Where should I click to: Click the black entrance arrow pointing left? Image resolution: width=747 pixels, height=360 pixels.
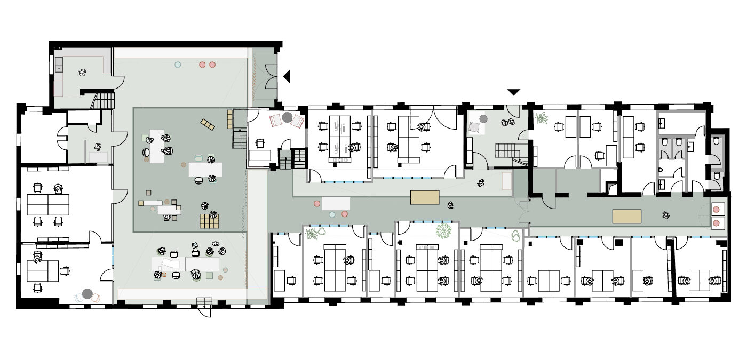click(x=287, y=76)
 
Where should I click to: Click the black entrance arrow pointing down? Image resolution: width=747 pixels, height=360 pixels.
click(x=513, y=92)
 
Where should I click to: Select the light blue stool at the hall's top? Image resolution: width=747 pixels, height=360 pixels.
click(x=178, y=65)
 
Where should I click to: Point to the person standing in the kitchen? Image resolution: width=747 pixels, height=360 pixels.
click(x=83, y=72)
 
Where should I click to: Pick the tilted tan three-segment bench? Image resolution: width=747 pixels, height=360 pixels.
click(x=208, y=125)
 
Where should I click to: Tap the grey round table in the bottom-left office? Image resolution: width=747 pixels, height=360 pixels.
click(x=88, y=293)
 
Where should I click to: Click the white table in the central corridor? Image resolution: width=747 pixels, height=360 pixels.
click(x=336, y=203)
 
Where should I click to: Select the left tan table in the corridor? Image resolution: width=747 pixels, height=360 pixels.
click(x=425, y=197)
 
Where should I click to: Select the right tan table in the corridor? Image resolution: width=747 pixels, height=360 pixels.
click(x=626, y=216)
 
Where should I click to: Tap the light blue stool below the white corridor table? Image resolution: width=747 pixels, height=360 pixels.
click(x=332, y=214)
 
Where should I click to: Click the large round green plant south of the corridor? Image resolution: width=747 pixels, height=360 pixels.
click(x=443, y=230)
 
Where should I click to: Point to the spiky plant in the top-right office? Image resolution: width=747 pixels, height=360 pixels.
click(x=541, y=118)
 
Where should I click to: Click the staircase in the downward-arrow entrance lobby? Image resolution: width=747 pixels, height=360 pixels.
click(x=506, y=150)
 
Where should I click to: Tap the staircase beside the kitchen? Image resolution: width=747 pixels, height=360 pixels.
click(x=105, y=100)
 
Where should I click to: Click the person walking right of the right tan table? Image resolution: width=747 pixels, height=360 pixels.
click(x=665, y=215)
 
